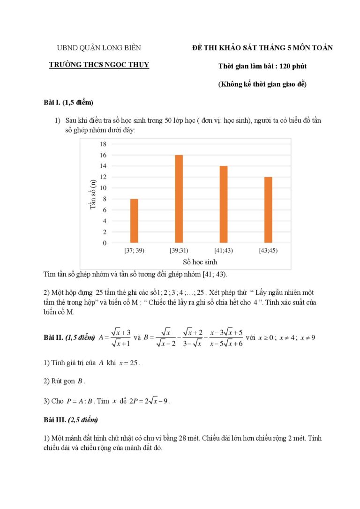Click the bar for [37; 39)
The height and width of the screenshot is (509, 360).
134,221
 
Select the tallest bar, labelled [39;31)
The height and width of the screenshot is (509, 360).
179,199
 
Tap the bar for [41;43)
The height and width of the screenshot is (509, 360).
224,204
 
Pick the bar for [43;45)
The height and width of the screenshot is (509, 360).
268,210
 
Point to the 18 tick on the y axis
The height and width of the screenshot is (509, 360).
103,144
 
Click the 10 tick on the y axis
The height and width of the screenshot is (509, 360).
103,188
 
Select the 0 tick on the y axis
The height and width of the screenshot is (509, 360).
105,243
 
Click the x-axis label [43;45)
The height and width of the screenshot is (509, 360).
268,250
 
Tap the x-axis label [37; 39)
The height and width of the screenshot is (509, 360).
134,250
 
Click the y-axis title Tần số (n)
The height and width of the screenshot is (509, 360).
93,194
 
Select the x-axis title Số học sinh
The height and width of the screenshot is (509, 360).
200,262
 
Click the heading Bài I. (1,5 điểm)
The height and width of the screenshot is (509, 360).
66,103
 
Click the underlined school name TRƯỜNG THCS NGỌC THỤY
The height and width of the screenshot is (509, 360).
99,65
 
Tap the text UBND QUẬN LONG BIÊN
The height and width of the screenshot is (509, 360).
99,48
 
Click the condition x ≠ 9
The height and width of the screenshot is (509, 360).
308,337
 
